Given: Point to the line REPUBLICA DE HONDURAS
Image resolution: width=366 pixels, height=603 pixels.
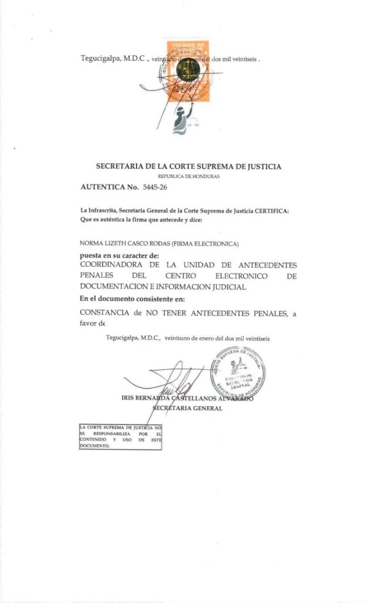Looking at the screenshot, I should tap(188, 177).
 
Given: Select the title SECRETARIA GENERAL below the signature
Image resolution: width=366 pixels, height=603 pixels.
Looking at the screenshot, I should tap(187, 408).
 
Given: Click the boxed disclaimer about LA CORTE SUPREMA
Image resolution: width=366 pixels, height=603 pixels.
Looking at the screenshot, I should tap(120, 436).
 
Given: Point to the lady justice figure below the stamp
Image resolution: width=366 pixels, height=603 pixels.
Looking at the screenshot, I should tap(179, 121).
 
